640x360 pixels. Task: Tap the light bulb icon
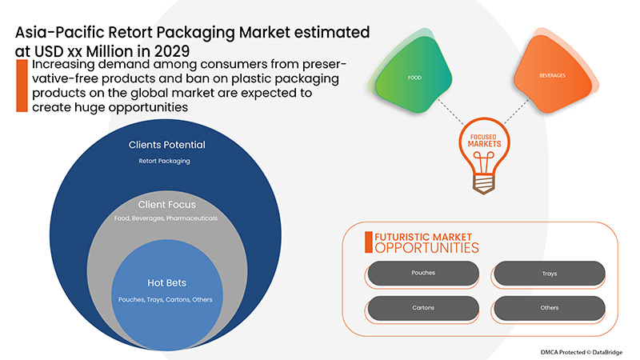[x=485, y=152]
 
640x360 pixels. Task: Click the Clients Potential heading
[x=167, y=146]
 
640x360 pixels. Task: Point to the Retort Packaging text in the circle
[x=167, y=162]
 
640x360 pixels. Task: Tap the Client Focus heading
[x=167, y=205]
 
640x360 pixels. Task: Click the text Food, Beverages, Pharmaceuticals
[x=167, y=218]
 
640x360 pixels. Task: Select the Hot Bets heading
[x=167, y=283]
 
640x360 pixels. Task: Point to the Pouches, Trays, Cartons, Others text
[x=167, y=298]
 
